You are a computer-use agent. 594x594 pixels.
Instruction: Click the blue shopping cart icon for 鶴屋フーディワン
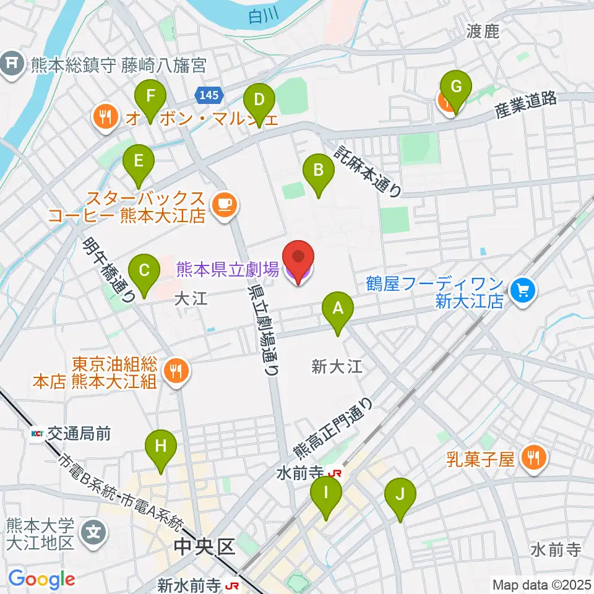(x=523, y=288)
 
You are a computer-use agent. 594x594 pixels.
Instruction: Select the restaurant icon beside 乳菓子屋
(x=533, y=458)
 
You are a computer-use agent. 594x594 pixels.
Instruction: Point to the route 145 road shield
(x=209, y=95)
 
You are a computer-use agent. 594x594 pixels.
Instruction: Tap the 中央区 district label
(x=205, y=547)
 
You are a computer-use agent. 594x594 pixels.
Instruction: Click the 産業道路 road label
(x=525, y=106)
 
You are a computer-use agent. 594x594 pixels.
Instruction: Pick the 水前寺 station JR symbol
(x=336, y=473)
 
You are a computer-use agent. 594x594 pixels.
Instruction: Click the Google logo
(x=41, y=579)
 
